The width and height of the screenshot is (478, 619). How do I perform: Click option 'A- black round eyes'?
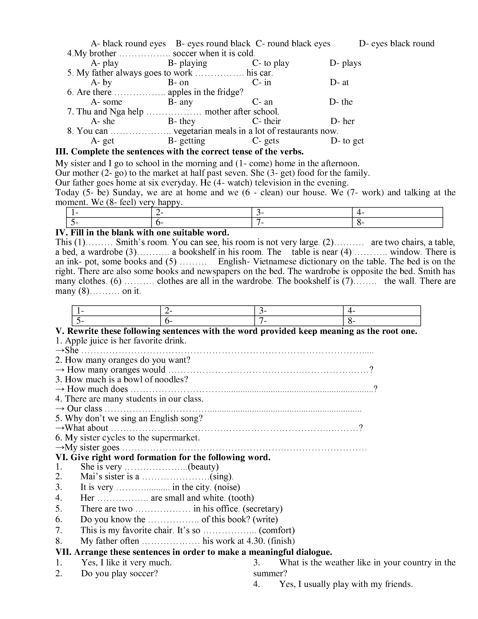128,44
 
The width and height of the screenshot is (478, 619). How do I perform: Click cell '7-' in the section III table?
302,222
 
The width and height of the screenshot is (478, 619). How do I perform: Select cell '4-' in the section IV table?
381,311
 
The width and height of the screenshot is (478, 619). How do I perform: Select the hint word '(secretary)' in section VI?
262,509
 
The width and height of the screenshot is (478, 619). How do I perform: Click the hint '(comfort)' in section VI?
277,530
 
